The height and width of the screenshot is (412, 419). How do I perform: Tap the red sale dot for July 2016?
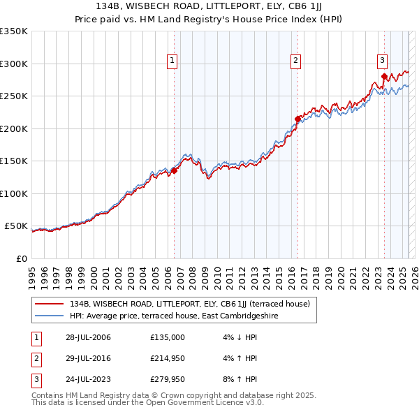coord(297,119)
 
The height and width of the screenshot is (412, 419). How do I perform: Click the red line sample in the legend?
coord(50,304)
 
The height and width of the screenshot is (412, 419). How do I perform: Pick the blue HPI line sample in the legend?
coord(50,316)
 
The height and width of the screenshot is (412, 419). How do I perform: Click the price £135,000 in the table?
coord(168,337)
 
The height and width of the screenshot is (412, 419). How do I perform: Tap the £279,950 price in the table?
coord(168,379)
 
